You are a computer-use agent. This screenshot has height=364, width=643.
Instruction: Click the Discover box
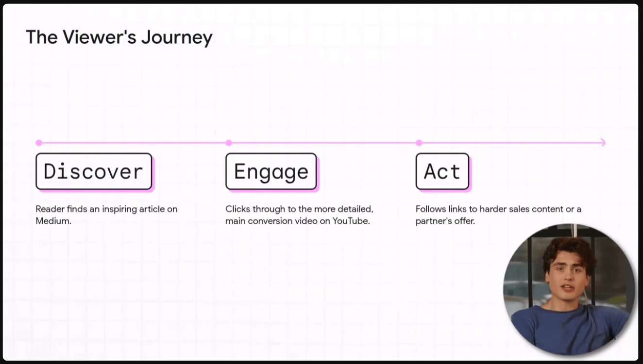[94, 171]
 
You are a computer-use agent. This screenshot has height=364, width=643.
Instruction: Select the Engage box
[271, 171]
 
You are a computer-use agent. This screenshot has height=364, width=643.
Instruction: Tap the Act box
[442, 171]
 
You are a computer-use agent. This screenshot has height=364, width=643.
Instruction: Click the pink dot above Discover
[39, 143]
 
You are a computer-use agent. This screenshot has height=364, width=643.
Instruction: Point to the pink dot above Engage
[229, 143]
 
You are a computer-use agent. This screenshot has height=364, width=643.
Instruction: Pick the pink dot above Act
[419, 143]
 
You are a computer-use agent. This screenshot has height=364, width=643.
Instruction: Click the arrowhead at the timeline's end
[603, 143]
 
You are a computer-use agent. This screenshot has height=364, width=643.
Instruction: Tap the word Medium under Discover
[53, 221]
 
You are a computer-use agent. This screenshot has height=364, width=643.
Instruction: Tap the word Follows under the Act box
[430, 209]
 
